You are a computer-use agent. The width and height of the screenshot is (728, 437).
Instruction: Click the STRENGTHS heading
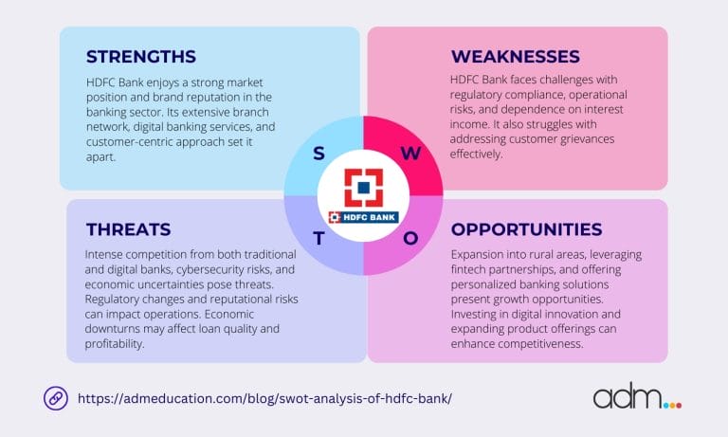(141, 56)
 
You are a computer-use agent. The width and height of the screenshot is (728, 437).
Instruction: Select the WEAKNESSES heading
(516, 56)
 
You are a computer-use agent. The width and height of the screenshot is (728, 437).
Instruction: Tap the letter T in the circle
(318, 238)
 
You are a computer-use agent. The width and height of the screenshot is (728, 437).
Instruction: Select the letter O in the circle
(410, 238)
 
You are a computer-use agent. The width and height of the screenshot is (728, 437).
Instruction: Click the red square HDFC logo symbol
(363, 186)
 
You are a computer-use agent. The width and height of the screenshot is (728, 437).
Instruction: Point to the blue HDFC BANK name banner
(363, 216)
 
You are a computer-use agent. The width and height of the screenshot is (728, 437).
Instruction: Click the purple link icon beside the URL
(56, 397)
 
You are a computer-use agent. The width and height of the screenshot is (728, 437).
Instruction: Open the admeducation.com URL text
(263, 397)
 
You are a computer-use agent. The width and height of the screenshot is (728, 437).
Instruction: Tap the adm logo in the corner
(636, 397)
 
